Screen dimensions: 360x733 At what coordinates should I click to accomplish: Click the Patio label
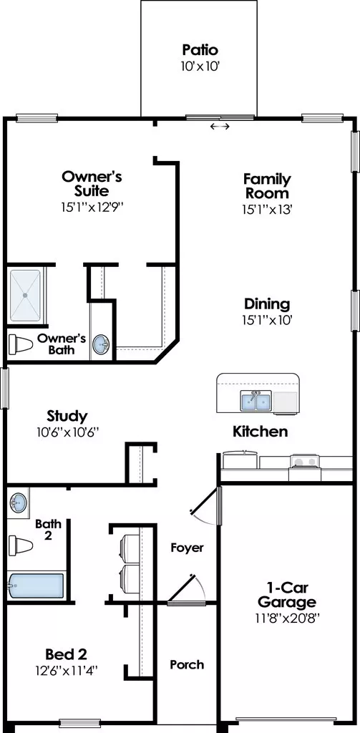coord(200,49)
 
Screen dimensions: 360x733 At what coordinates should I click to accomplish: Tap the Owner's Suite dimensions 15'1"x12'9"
coord(92,207)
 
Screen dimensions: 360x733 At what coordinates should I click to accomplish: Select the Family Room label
coord(267,185)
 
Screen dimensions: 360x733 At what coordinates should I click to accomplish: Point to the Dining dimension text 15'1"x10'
coord(267,320)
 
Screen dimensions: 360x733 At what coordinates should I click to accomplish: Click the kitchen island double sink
coord(256,402)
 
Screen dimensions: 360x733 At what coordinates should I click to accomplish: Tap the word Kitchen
coord(261,432)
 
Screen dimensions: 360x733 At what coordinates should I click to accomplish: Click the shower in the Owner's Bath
coord(25,296)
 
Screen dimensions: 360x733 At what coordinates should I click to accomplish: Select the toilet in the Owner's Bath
coord(21,345)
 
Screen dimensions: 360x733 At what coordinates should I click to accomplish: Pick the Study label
coord(67,416)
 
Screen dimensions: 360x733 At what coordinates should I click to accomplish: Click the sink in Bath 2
coord(18,503)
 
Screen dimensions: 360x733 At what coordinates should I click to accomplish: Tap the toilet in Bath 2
coord(21,545)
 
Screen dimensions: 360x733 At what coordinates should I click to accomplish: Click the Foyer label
coord(187,548)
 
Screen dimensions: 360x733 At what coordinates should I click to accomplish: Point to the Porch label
coord(187,664)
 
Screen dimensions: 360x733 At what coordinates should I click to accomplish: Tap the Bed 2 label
coord(67,654)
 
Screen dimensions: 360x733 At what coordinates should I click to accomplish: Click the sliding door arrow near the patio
coord(220,126)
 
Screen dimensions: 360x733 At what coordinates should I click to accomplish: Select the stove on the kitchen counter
coord(304,462)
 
